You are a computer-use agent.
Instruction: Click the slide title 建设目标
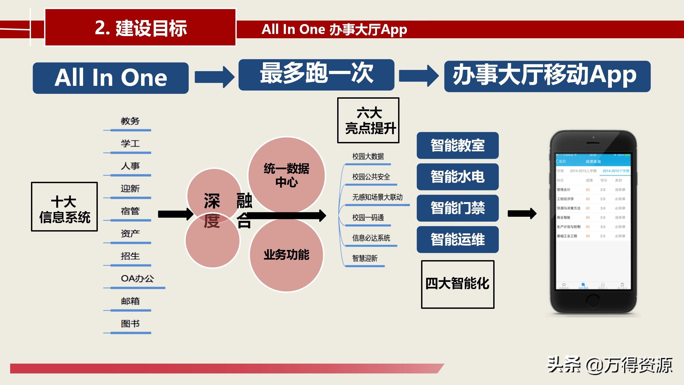(x=141, y=28)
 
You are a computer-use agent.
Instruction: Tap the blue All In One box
(x=111, y=78)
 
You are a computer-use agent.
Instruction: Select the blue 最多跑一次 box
(x=316, y=75)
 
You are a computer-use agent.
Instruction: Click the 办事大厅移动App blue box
(x=547, y=76)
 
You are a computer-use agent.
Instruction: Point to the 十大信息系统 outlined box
(x=64, y=207)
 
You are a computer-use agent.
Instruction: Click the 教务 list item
(x=130, y=121)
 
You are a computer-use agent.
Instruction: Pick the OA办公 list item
(x=137, y=279)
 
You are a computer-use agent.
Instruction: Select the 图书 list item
(x=130, y=324)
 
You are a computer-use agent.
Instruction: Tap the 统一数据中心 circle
(x=286, y=175)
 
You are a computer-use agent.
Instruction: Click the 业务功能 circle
(x=286, y=255)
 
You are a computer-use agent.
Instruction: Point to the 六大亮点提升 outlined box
(x=368, y=120)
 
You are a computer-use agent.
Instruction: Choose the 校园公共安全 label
(x=371, y=177)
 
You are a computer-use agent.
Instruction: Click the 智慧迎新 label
(x=365, y=258)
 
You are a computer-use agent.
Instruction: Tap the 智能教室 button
(x=457, y=145)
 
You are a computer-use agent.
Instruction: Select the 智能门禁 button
(x=457, y=208)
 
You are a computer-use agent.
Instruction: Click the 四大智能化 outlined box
(x=457, y=284)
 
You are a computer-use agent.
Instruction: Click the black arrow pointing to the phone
(x=522, y=213)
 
